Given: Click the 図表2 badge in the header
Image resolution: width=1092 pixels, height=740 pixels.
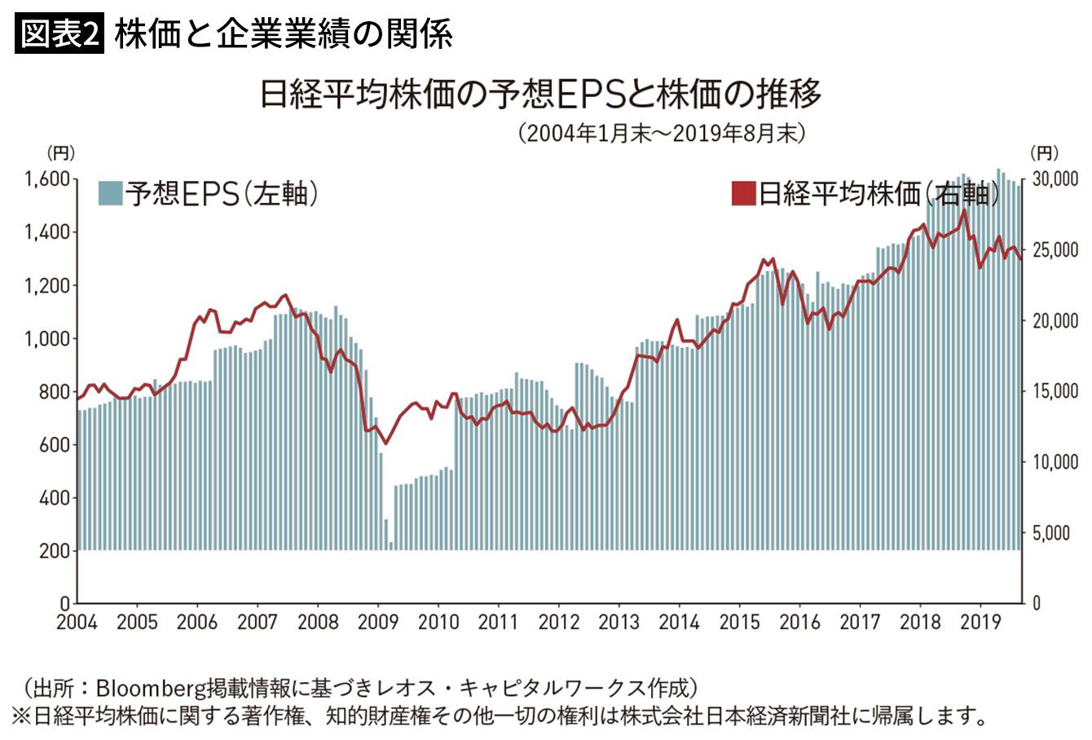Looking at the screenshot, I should (x=59, y=34).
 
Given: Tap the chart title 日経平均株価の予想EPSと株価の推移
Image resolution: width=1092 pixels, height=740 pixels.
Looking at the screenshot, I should (x=539, y=95).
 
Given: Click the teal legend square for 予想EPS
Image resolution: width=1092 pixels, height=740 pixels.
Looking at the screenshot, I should (x=110, y=194).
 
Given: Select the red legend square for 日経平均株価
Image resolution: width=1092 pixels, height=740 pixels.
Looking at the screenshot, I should (x=743, y=194).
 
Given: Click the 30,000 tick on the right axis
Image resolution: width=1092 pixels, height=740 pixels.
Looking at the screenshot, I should (x=1055, y=178).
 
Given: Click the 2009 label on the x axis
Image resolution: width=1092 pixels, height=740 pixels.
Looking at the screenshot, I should (x=378, y=623).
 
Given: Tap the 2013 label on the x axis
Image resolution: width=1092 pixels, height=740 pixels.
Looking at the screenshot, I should (x=619, y=623).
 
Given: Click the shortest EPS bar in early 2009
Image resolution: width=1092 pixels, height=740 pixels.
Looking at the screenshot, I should (x=391, y=545).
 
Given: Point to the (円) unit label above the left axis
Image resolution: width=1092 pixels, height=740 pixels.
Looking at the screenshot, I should (x=62, y=152).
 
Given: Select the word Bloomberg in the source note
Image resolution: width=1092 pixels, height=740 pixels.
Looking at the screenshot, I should (x=146, y=685).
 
